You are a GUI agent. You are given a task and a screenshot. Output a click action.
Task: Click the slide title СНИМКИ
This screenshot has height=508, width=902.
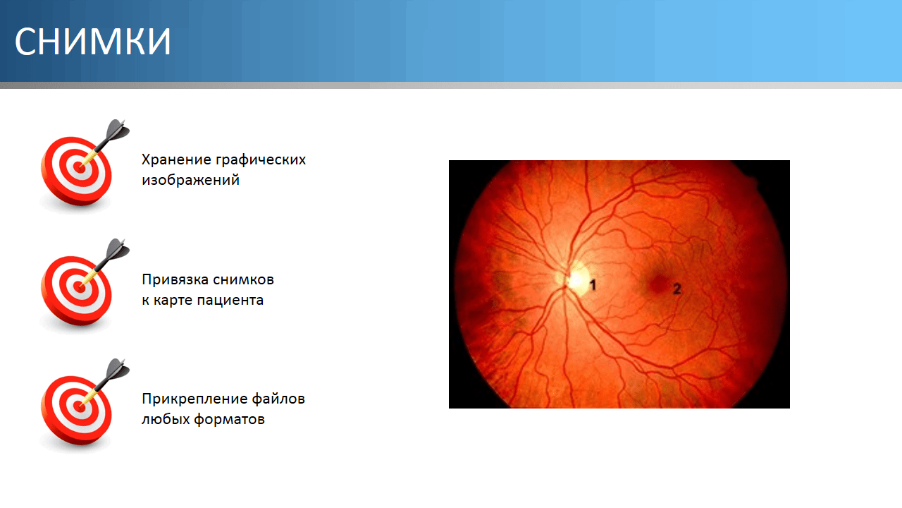coord(92,42)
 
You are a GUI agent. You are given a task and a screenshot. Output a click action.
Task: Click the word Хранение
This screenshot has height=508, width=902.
coord(177,159)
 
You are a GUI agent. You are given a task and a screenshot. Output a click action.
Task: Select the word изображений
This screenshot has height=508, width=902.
coord(190,180)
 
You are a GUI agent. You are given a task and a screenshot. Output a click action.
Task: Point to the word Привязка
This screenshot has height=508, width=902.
coord(175,280)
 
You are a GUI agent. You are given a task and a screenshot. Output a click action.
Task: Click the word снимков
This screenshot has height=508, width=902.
coord(244,280)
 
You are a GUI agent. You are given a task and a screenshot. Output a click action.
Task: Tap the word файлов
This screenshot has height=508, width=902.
coord(278,399)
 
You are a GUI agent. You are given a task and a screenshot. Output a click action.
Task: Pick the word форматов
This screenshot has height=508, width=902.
coord(230,420)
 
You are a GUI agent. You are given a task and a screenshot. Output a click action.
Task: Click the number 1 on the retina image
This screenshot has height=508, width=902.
coord(593,285)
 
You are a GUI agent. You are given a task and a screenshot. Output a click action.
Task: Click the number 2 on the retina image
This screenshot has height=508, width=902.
coord(677,289)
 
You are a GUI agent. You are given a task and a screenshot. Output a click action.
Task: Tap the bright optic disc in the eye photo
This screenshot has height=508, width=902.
coord(576,279)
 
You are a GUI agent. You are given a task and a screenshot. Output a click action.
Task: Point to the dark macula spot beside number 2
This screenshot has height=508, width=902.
coord(658,284)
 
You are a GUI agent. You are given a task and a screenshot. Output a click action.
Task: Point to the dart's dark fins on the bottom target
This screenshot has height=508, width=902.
coord(118,370)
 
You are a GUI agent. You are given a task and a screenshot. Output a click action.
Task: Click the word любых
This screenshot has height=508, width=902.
coord(166,420)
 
